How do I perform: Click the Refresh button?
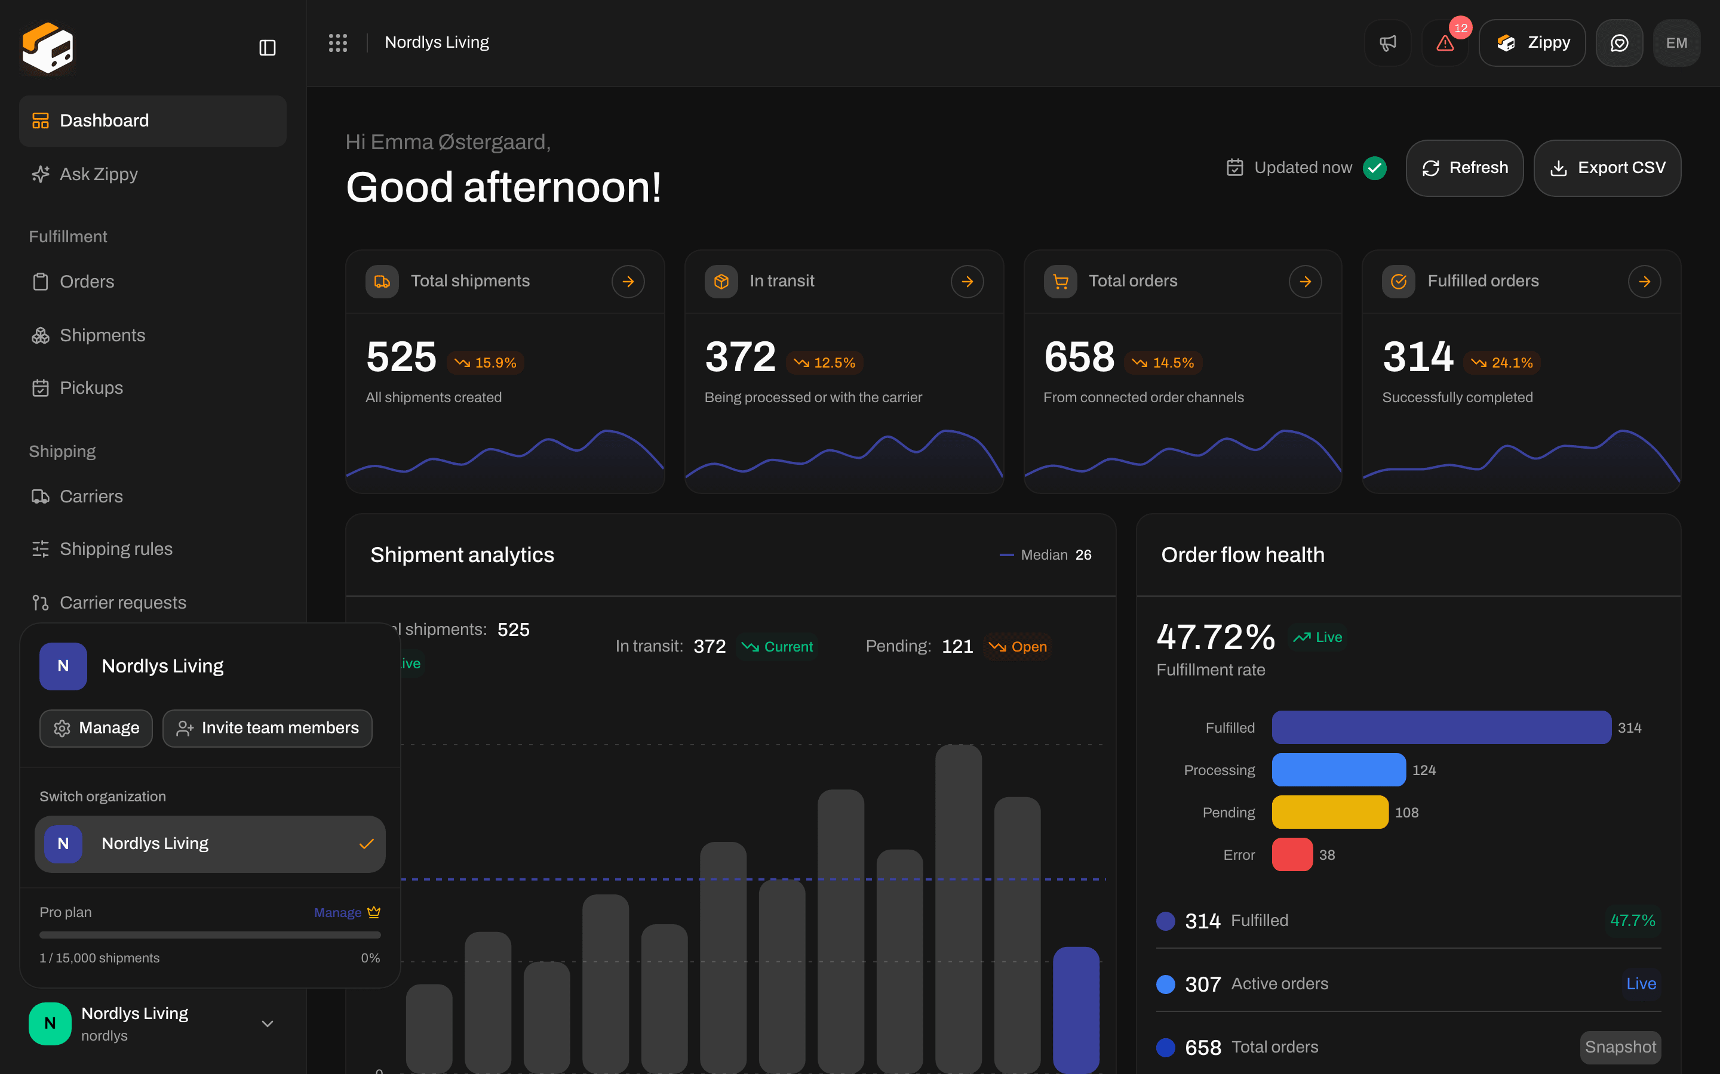pos(1464,168)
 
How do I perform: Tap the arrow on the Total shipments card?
pos(628,281)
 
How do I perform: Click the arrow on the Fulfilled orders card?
pos(1644,281)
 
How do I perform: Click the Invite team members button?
pos(267,728)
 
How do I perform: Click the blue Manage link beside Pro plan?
pos(337,913)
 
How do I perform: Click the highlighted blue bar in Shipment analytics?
pos(1076,1010)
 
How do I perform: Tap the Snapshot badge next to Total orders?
pos(1620,1047)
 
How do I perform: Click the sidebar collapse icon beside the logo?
pos(267,48)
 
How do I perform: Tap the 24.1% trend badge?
pos(1502,362)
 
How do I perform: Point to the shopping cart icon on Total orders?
pos(1061,281)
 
